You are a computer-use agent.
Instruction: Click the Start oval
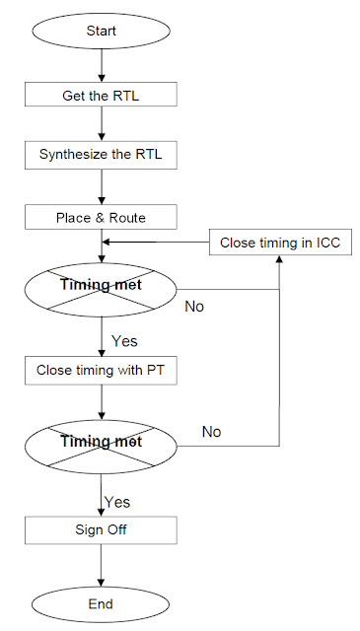[102, 31]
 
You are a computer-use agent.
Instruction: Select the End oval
[102, 603]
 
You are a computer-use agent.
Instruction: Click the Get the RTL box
[102, 94]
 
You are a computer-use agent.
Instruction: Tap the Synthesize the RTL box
[102, 155]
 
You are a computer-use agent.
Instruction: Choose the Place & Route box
[102, 216]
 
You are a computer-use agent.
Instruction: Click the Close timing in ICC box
[280, 242]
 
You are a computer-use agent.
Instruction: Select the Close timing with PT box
[102, 372]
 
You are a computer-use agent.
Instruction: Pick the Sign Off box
[102, 529]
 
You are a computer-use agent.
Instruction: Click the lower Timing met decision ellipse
[102, 441]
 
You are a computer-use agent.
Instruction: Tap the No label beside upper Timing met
[194, 307]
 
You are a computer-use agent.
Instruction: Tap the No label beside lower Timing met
[211, 431]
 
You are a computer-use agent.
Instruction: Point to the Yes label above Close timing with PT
[123, 341]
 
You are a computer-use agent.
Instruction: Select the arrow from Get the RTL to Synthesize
[102, 124]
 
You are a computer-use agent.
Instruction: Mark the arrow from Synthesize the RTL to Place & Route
[102, 185]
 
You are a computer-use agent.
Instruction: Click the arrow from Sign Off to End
[102, 566]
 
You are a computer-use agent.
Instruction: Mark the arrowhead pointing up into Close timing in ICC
[280, 261]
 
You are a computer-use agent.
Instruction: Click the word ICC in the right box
[326, 242]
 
